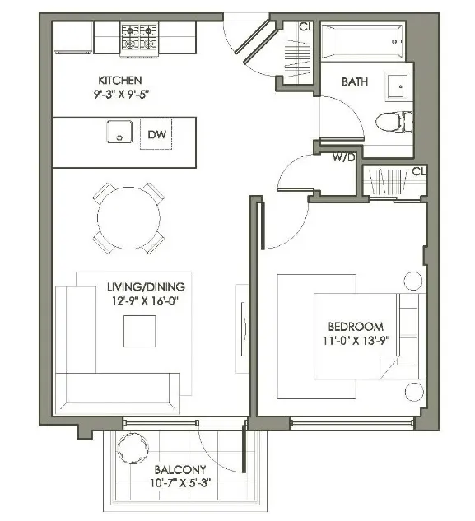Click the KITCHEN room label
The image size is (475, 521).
[x=120, y=80]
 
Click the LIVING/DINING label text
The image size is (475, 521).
[x=147, y=286]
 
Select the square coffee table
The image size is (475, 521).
[x=139, y=331]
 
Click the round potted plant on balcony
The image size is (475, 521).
[x=131, y=449]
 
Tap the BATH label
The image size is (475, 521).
[x=355, y=81]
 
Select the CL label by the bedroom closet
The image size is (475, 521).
[x=418, y=171]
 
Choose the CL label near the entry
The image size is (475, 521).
[x=305, y=26]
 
